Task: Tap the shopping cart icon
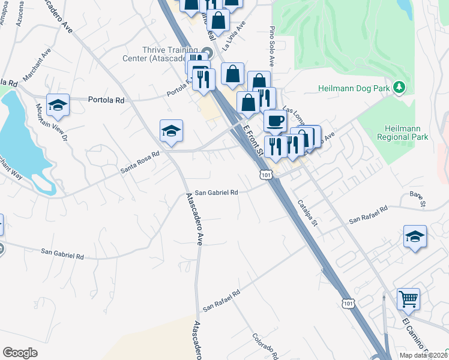coord(408,298)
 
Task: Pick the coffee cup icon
coord(276,121)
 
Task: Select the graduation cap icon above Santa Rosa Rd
coord(171,131)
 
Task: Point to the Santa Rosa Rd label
coord(139,162)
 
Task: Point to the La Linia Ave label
coord(235,36)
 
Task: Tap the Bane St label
coord(417,199)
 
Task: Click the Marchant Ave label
coord(37,70)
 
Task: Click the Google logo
coord(20,353)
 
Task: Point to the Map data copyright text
coord(424,355)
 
